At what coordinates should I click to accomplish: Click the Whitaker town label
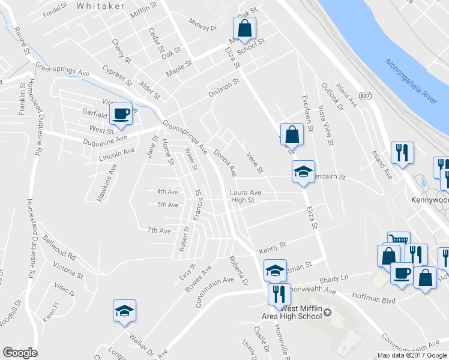(101, 5)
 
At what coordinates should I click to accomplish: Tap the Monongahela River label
(411, 80)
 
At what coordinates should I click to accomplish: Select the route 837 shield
(365, 96)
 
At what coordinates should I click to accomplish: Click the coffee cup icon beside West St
(121, 113)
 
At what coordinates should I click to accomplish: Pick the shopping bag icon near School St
(244, 28)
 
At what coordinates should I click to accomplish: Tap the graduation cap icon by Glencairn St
(303, 172)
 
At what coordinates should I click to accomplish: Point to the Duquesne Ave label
(105, 139)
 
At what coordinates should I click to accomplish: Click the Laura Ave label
(246, 193)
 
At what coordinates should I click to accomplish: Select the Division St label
(224, 89)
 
